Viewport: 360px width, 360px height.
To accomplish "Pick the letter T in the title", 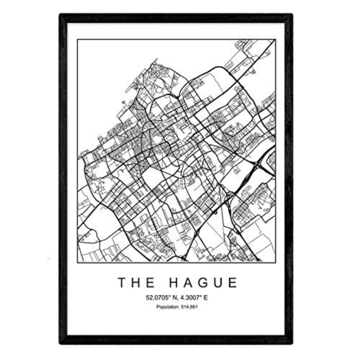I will tap(122, 283).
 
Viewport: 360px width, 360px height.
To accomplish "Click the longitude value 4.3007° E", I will tap(195, 298).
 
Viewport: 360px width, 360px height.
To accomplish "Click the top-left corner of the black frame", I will tap(61, 15).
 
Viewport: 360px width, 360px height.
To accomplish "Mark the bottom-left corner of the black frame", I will tap(61, 343).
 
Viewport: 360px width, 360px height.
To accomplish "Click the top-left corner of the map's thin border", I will tap(77, 40).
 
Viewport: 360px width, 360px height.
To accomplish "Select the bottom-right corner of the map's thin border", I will tap(275, 262).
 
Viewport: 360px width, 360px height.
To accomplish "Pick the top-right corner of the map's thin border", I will tap(275, 40).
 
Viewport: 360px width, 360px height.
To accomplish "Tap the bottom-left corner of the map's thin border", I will tap(77, 262).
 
